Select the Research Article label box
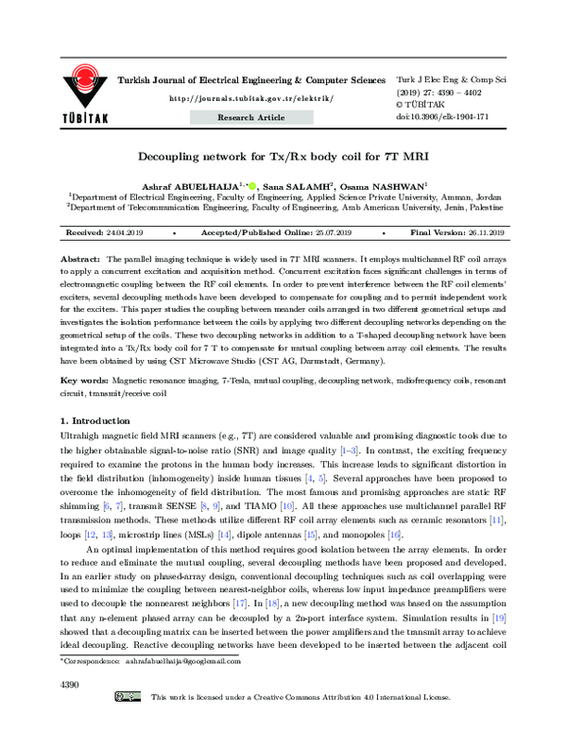click(250, 118)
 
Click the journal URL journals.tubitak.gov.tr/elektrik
click(250, 98)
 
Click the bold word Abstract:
click(80, 258)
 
